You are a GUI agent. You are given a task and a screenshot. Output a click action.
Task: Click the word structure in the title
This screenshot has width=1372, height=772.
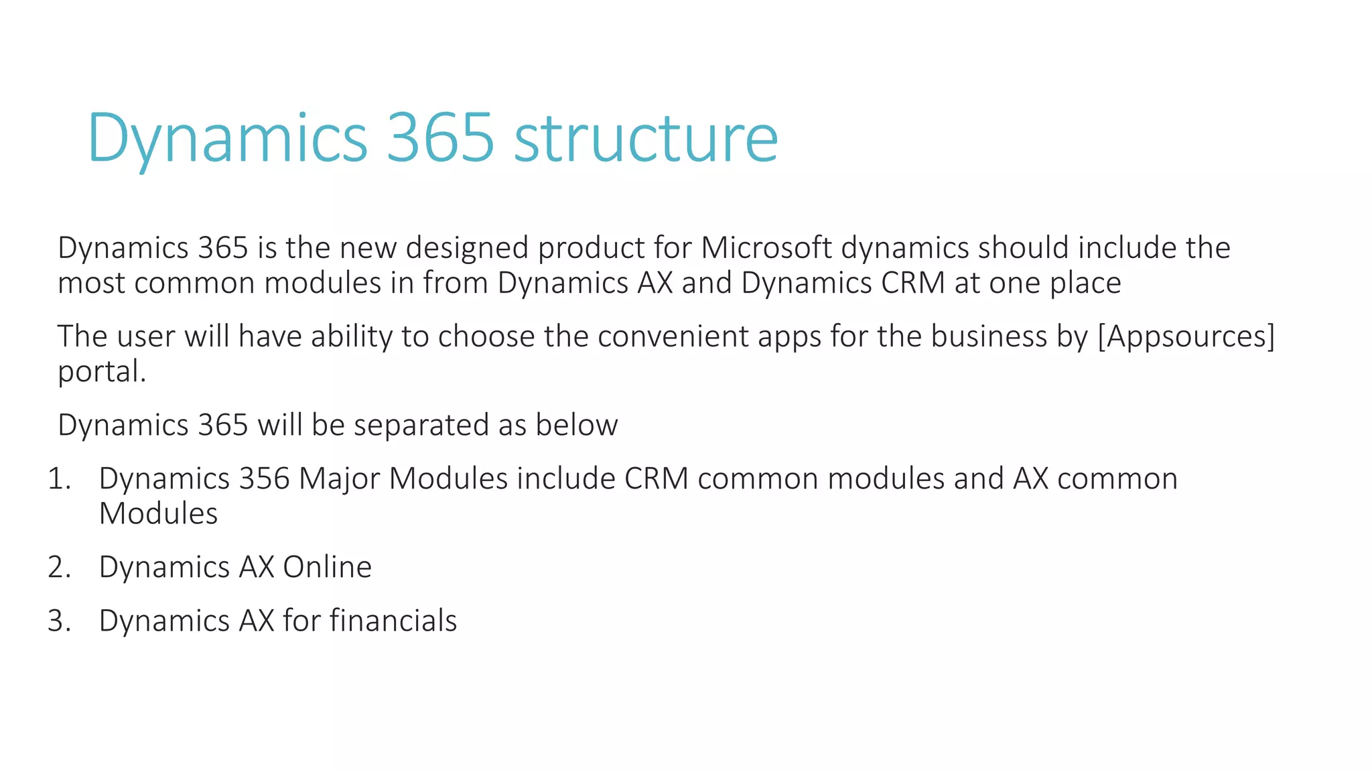[x=646, y=139]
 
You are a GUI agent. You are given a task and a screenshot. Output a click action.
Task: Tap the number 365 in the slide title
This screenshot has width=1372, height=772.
[x=440, y=139]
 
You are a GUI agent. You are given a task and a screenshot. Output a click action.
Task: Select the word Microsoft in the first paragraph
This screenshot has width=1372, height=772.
[x=766, y=248]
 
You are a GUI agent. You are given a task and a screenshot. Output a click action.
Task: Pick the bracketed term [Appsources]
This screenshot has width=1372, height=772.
[x=1186, y=336]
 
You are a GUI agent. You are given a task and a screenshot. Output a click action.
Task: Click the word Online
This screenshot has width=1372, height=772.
[x=327, y=568]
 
